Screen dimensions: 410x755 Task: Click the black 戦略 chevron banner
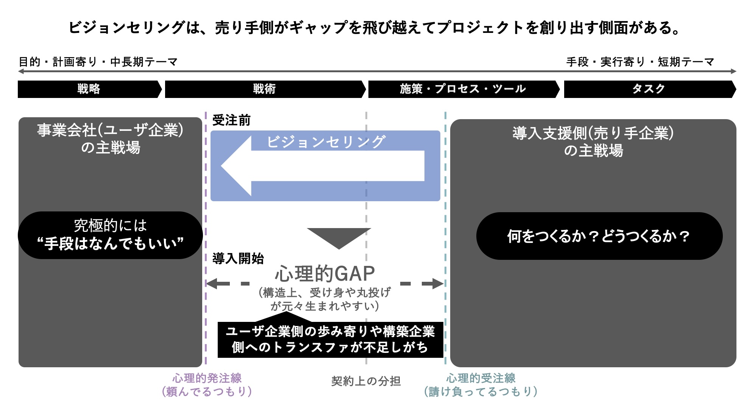[89, 89]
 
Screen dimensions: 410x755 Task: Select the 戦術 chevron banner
[265, 89]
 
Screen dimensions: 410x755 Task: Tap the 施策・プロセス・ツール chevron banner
[463, 89]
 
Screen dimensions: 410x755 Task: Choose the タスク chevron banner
[649, 89]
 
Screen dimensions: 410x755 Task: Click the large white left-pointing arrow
[322, 166]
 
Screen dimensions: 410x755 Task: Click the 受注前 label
[231, 120]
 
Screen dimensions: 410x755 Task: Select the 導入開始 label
[238, 259]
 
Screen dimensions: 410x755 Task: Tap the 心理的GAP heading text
[325, 273]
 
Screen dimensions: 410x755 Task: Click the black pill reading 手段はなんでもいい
[110, 235]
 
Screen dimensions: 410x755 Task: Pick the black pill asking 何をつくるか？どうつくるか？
[599, 236]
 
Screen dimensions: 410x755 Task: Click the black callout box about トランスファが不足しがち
[330, 340]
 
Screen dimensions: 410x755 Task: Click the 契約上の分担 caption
[366, 381]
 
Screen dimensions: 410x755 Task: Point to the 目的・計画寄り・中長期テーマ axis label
[98, 62]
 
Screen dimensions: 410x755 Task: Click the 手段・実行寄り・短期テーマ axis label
[640, 62]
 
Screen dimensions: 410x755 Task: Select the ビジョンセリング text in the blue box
[326, 142]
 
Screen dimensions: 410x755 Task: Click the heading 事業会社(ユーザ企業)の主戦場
[110, 139]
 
